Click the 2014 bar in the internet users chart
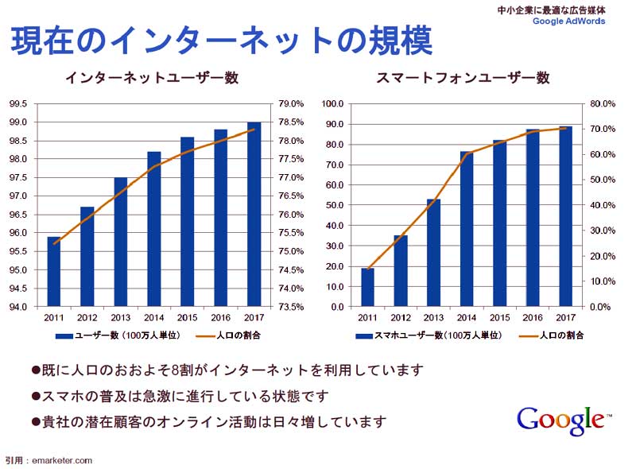[154, 229]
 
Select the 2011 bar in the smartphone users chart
[368, 287]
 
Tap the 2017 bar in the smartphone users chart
[566, 216]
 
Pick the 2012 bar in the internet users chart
[87, 257]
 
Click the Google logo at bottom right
[561, 419]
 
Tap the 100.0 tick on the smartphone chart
[332, 104]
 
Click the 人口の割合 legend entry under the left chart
[231, 335]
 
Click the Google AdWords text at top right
[568, 21]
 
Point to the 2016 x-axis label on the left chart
[220, 316]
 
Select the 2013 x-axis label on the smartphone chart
[434, 316]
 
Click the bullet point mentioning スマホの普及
[179, 396]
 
